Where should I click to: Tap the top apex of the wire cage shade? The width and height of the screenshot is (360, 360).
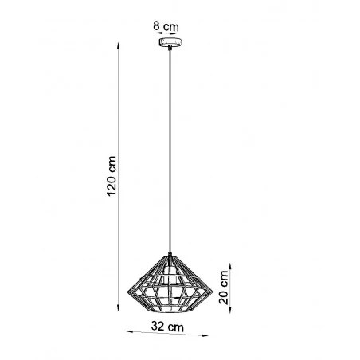click(170, 254)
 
